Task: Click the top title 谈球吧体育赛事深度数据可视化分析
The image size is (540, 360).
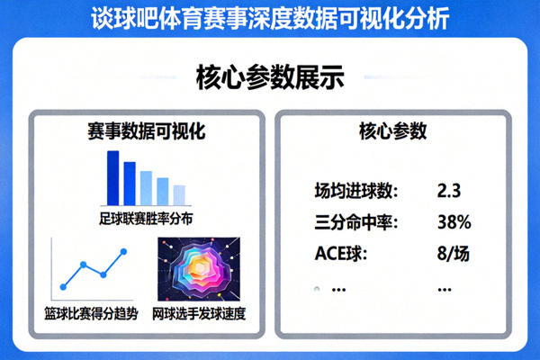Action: (270, 19)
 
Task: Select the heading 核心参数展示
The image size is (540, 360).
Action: (270, 78)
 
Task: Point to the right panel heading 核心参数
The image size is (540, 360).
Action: (392, 131)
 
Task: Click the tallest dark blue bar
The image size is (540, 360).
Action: (113, 177)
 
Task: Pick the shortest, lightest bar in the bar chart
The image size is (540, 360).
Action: (179, 194)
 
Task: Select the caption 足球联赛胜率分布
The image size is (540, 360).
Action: (147, 218)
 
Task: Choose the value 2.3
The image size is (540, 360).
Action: (448, 191)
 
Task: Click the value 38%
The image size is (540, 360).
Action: (453, 222)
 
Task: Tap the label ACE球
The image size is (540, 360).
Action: (341, 253)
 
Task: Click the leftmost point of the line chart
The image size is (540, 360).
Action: (64, 286)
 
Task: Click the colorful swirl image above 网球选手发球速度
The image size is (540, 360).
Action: (201, 270)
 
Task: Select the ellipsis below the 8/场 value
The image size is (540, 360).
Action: (444, 289)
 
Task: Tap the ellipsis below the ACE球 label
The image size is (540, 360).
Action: (339, 289)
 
